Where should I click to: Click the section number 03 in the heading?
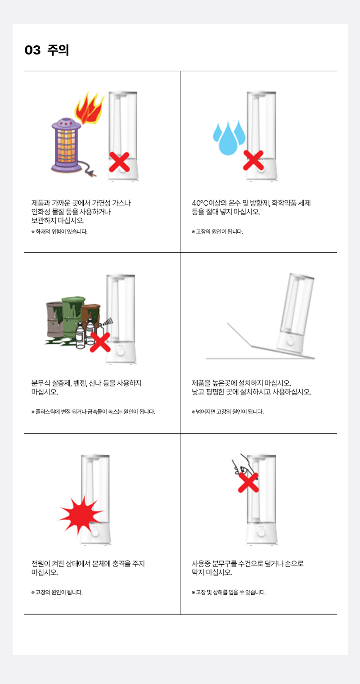(x=32, y=50)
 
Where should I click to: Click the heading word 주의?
(x=58, y=50)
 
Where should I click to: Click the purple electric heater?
(x=67, y=145)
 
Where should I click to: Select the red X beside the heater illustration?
(x=119, y=162)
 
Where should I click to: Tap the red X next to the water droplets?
(x=253, y=160)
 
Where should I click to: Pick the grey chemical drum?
(x=55, y=319)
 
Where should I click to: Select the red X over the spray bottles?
(x=100, y=342)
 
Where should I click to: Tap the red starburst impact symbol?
(x=81, y=516)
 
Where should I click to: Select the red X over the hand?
(x=248, y=483)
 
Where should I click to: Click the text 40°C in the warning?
(x=200, y=203)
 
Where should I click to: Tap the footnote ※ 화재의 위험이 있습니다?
(x=59, y=232)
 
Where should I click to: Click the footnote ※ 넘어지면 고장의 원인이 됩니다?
(x=228, y=412)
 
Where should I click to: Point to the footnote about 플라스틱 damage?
(x=93, y=412)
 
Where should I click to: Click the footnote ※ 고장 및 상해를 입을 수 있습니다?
(x=229, y=593)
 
